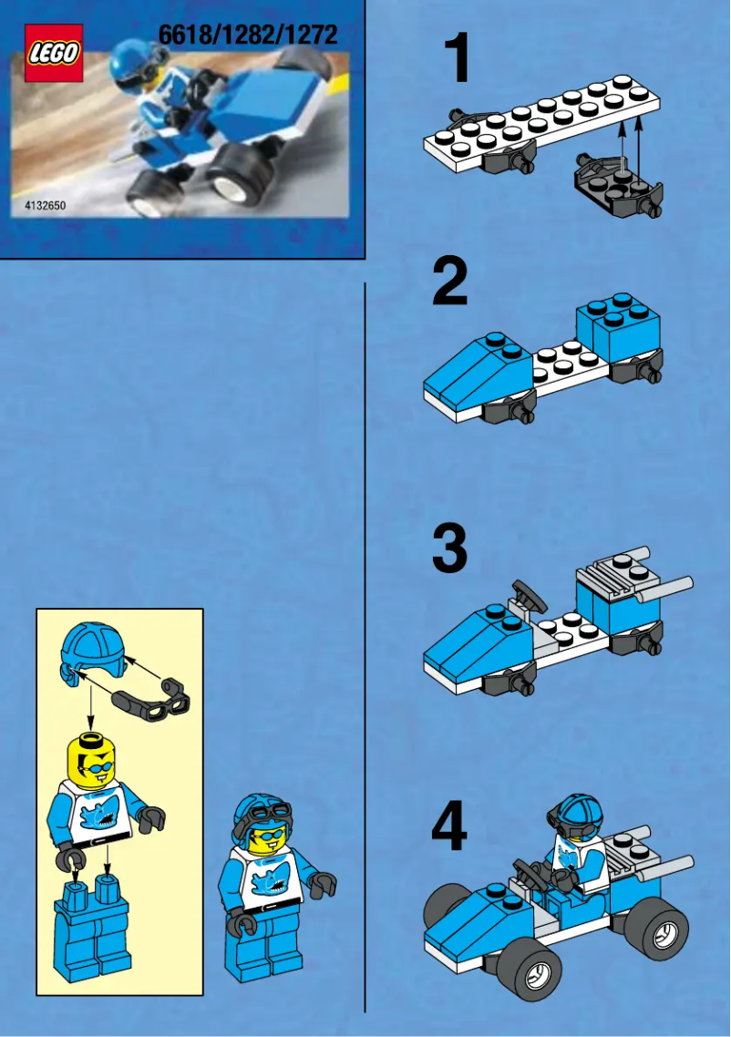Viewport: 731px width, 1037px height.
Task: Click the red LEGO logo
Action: coord(54,54)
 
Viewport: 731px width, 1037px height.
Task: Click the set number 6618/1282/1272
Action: coord(248,36)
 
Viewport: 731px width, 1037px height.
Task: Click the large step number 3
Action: coord(450,549)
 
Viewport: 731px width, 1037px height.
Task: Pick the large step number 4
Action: coord(449,829)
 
